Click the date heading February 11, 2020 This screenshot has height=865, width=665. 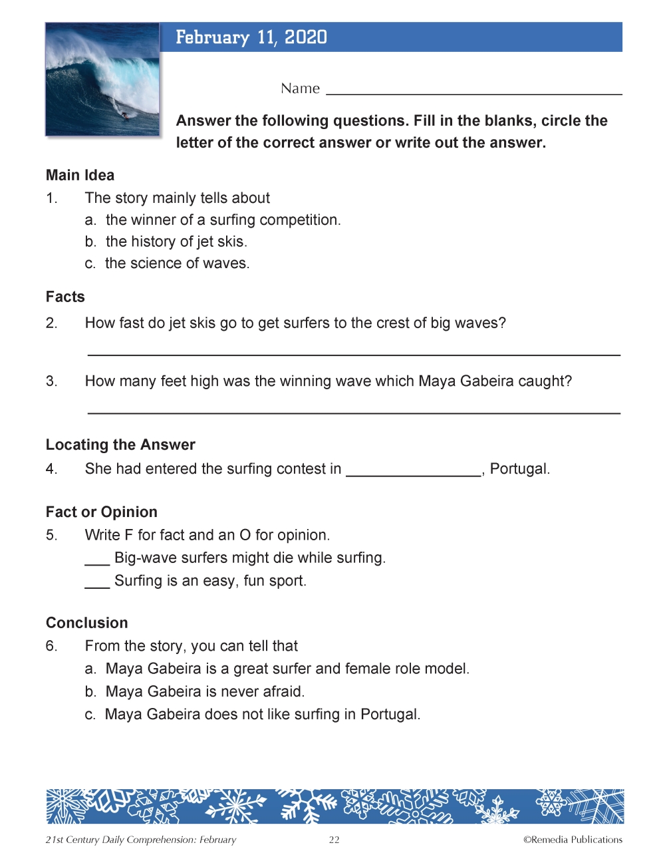click(251, 37)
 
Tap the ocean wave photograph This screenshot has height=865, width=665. click(102, 79)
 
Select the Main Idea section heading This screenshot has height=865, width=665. click(80, 175)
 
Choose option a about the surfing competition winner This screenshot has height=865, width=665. click(223, 220)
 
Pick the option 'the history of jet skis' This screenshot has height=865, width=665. click(176, 242)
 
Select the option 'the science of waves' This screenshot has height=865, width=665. click(177, 263)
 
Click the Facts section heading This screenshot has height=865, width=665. click(65, 297)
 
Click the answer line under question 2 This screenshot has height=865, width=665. click(354, 353)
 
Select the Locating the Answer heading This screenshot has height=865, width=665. click(120, 444)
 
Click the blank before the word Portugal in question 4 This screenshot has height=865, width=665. click(414, 472)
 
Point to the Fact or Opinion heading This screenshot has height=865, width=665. click(102, 512)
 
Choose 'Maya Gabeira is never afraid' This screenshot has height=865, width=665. click(205, 692)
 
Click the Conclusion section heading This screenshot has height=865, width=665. click(87, 623)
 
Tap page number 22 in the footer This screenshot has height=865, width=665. click(334, 840)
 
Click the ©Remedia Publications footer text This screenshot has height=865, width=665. click(573, 840)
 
